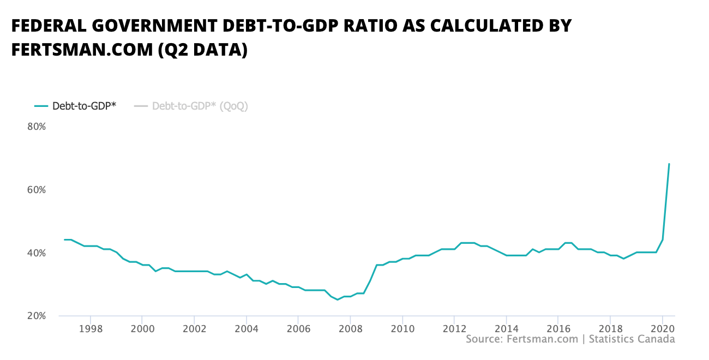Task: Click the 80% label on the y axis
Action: click(36, 127)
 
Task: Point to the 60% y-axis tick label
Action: click(36, 190)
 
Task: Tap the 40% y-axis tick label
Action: click(36, 253)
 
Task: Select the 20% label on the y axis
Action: click(36, 316)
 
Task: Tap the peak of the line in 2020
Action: click(669, 164)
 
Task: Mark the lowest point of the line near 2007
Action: click(338, 299)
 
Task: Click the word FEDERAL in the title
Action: click(48, 26)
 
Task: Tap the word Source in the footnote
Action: click(483, 339)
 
